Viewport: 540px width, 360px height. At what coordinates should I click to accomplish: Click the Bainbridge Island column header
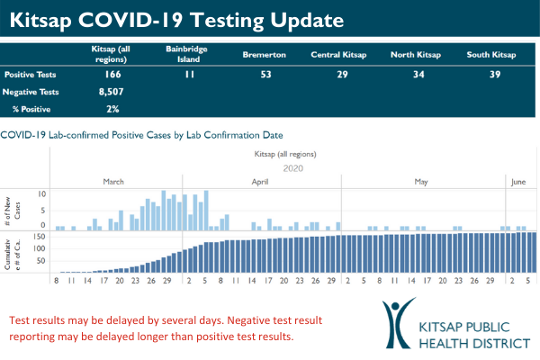(x=184, y=55)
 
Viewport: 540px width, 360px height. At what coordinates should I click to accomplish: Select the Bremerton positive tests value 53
(x=265, y=75)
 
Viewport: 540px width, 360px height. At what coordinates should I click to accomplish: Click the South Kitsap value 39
(x=494, y=75)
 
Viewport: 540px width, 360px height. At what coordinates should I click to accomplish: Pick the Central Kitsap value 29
(x=342, y=75)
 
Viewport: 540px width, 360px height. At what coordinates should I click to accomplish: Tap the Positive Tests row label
(x=31, y=75)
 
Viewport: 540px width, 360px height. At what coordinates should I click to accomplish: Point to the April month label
(x=259, y=182)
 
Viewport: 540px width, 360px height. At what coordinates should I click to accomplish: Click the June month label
(x=518, y=182)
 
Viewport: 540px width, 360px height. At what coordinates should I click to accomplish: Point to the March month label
(x=113, y=182)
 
